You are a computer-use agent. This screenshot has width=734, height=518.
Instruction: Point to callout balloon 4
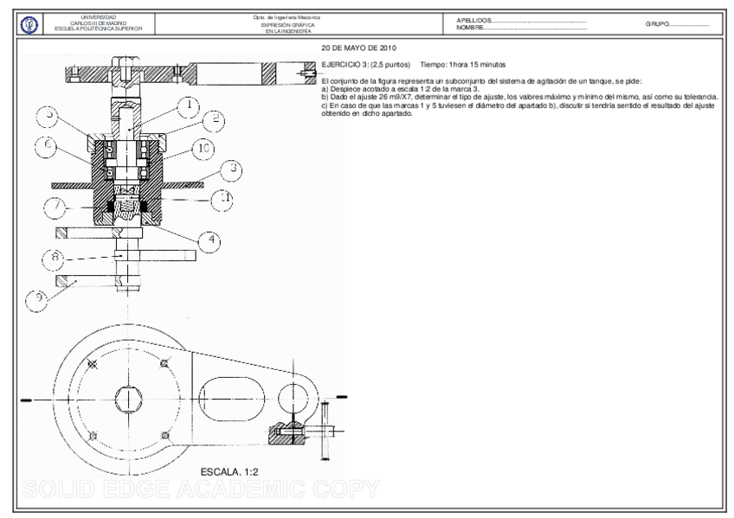point(209,240)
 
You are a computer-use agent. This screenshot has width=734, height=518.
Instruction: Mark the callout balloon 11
point(222,198)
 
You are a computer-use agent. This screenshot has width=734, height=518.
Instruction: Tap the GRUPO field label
point(658,24)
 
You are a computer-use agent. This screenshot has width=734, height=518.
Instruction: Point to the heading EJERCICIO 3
point(342,65)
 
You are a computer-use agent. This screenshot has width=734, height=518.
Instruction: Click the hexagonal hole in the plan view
point(129,398)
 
